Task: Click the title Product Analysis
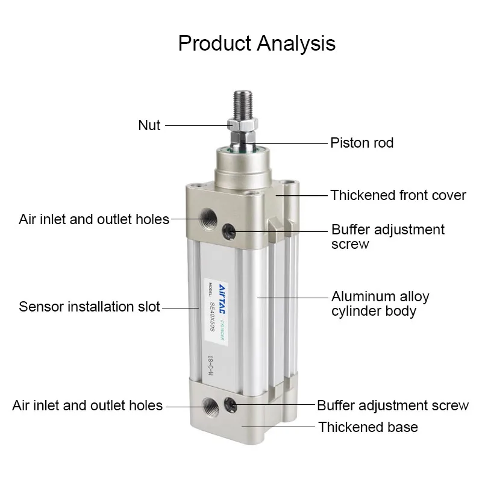click(257, 43)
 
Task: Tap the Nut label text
click(149, 125)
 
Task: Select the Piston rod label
click(361, 143)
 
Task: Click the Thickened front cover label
click(398, 195)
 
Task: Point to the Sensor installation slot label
click(90, 307)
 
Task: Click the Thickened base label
click(368, 427)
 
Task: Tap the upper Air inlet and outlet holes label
click(94, 219)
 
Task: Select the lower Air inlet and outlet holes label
click(87, 405)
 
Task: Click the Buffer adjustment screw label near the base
click(393, 405)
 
